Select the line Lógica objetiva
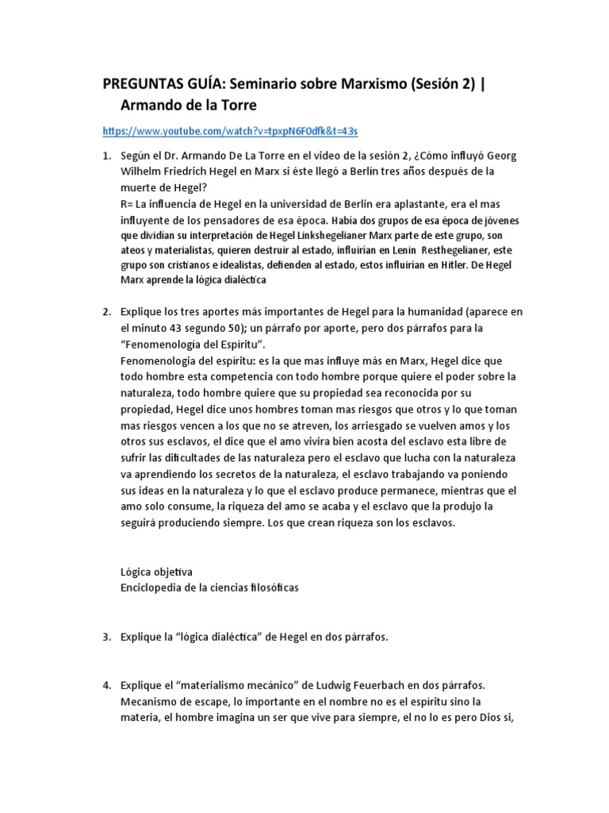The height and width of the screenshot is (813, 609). tap(155, 572)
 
